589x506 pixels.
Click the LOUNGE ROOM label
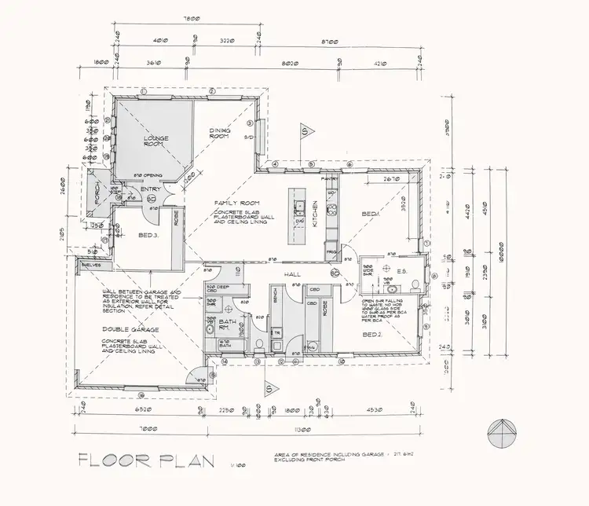(155, 141)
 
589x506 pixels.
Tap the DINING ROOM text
(219, 134)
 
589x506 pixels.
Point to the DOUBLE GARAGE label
(125, 330)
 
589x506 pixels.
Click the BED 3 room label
(149, 235)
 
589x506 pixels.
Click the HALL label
(294, 273)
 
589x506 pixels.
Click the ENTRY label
(150, 189)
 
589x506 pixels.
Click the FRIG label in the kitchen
(331, 252)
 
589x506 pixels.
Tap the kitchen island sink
(299, 207)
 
